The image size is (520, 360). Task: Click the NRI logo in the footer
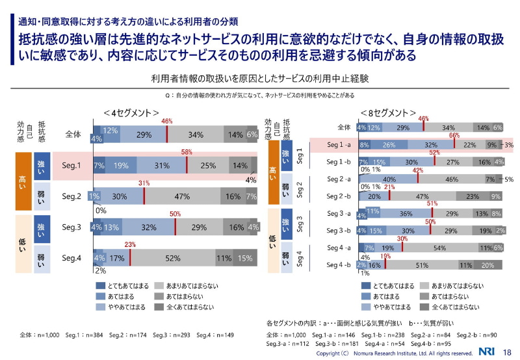487,352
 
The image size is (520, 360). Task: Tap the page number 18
508,352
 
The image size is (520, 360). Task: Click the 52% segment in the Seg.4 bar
172,258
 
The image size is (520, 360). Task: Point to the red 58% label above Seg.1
187,152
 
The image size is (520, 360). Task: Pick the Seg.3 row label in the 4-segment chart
71,227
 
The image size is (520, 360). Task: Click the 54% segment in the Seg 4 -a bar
439,248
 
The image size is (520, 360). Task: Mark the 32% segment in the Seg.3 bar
149,227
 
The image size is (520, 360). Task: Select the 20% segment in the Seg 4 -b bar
488,265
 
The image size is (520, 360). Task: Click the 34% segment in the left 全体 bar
195,135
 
